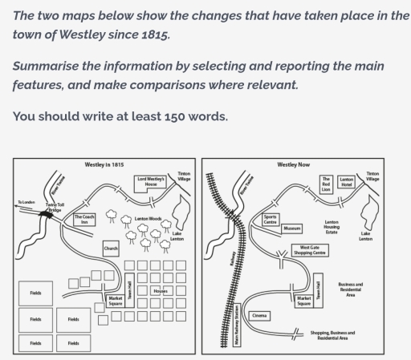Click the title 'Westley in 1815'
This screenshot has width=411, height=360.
click(104, 164)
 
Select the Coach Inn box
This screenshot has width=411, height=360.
click(84, 218)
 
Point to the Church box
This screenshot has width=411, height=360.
click(111, 249)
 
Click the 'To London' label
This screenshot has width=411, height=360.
click(27, 202)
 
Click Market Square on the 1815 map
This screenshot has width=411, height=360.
click(115, 301)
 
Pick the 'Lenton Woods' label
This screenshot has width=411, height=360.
click(148, 218)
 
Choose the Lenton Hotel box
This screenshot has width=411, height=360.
click(346, 182)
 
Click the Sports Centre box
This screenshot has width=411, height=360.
click(271, 219)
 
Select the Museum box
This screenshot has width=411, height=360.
click(292, 229)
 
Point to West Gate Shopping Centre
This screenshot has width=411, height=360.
click(309, 250)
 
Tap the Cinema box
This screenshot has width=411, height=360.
click(260, 315)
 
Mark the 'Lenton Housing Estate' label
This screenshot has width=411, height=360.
click(331, 227)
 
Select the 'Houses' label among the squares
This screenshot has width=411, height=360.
click(161, 290)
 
